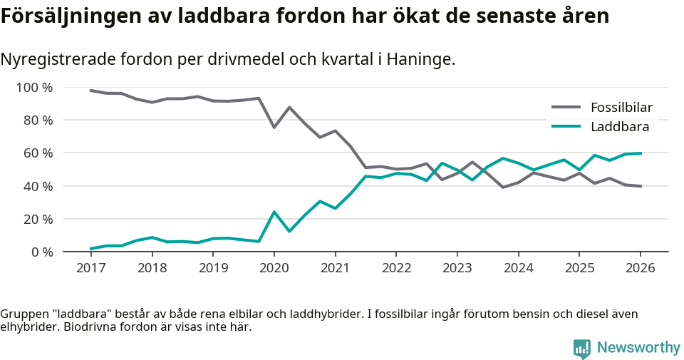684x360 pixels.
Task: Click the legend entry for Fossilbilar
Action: click(x=621, y=108)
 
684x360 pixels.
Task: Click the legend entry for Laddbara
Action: click(x=619, y=127)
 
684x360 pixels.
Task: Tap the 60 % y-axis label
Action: click(x=38, y=153)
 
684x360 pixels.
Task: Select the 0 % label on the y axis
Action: click(x=41, y=252)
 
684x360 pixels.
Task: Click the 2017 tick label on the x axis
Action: click(x=90, y=268)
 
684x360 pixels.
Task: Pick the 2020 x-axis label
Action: click(x=274, y=268)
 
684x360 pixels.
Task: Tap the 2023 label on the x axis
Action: click(x=457, y=268)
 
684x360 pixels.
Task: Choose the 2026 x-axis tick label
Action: click(x=640, y=268)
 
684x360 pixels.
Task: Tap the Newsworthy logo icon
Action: click(x=582, y=348)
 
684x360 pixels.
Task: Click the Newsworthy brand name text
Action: click(x=638, y=348)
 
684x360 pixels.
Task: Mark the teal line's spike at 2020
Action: click(x=274, y=212)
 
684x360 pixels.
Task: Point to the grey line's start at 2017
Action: click(x=90, y=91)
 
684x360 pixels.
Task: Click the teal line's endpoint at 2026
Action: click(x=641, y=153)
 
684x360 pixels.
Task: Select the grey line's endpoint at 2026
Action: click(x=641, y=186)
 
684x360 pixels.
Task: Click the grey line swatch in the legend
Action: click(x=566, y=108)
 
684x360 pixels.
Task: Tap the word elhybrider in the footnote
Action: click(x=28, y=328)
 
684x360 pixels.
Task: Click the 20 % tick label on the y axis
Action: click(x=38, y=219)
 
